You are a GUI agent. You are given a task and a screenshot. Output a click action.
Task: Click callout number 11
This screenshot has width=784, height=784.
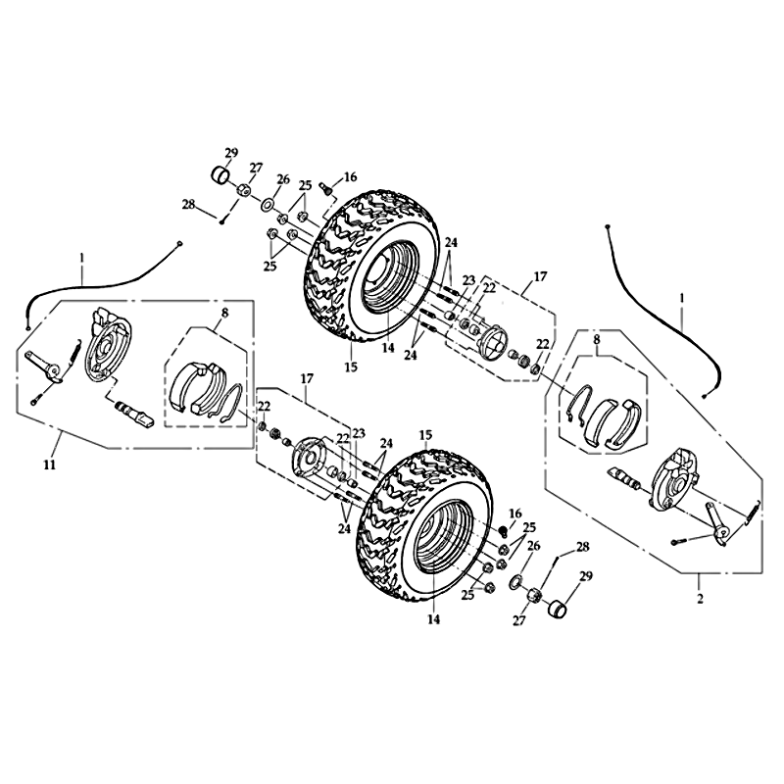click(49, 465)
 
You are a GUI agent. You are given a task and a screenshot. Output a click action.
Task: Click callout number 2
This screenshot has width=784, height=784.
click(700, 598)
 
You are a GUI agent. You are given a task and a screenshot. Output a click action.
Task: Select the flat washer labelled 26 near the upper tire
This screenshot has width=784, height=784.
click(268, 204)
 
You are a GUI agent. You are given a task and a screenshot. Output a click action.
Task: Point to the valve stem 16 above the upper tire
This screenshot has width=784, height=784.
click(324, 189)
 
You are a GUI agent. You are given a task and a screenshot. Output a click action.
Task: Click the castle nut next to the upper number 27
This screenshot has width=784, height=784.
click(243, 190)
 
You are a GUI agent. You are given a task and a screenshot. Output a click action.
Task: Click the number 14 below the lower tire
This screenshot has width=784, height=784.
click(433, 619)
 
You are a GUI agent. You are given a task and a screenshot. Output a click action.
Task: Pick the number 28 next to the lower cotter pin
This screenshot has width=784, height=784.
click(582, 547)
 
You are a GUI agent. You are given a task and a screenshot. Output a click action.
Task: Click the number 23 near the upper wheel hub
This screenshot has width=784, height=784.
click(468, 280)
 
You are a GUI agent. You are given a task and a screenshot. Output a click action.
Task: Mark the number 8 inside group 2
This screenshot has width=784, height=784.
click(596, 339)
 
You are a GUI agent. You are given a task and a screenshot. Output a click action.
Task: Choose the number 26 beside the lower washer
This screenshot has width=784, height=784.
click(533, 546)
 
